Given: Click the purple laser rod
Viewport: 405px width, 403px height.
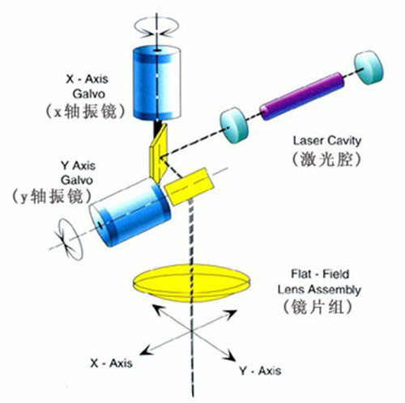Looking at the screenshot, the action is point(302,96).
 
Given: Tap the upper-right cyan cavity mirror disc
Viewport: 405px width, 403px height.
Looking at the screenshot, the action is point(369,67).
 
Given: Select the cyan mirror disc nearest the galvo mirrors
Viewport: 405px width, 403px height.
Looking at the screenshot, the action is point(234,125).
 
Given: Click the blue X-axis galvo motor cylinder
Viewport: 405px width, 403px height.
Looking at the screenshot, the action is point(157,83).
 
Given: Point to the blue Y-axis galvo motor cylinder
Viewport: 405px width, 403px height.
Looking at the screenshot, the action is point(130,212).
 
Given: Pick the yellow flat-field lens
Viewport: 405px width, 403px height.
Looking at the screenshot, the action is point(192,283).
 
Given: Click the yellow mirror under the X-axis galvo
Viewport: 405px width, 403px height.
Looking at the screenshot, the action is point(159,152).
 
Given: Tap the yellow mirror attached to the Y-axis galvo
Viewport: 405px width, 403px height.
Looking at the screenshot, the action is point(190,187).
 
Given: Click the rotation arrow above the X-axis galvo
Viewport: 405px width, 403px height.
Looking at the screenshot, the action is point(156,27).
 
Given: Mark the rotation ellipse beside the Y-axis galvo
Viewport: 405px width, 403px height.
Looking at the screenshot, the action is point(70,239).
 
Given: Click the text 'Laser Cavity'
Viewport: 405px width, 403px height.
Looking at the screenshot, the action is point(326,141).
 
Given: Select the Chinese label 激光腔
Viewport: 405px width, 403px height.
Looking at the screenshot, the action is point(326,159).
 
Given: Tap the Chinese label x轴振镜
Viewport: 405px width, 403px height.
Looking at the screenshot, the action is point(86,111).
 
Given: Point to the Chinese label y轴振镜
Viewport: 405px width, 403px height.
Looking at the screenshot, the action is point(51,197).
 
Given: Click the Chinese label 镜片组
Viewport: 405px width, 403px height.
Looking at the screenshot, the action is point(318,307).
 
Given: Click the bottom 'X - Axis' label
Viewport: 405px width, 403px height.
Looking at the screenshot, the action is point(111,363).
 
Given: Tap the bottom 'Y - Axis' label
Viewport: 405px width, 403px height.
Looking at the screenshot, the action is point(260,371).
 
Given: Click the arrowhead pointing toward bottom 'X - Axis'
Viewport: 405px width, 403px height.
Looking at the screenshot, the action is point(145,350).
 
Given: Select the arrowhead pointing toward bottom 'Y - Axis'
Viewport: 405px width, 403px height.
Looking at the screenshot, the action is point(230,354).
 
